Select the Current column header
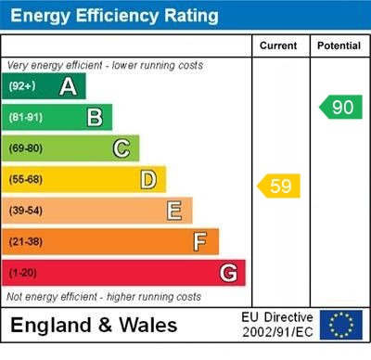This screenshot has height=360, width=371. click(278, 45)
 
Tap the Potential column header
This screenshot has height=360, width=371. click(338, 45)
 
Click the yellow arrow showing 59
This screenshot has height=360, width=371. click(279, 186)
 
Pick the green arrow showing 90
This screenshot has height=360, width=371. click(340, 107)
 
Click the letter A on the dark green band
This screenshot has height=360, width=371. click(68, 86)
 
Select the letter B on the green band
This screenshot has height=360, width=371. click(95, 117)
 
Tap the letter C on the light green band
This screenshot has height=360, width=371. click(122, 148)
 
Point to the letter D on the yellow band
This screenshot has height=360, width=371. click(147, 179)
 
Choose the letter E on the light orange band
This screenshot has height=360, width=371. click(173, 211)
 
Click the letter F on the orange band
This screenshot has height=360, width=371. click(199, 242)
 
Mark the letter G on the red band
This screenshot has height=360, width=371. click(227, 273)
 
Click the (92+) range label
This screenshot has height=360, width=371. click(22, 86)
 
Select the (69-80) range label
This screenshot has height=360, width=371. click(26, 148)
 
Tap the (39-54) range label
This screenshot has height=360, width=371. click(26, 211)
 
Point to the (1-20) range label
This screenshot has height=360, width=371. click(23, 274)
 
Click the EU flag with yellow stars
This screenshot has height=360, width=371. click(341, 325)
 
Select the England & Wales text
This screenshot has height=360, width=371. click(96, 326)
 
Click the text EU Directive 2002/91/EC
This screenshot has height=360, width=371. click(276, 325)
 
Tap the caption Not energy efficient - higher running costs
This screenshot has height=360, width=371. click(104, 297)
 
